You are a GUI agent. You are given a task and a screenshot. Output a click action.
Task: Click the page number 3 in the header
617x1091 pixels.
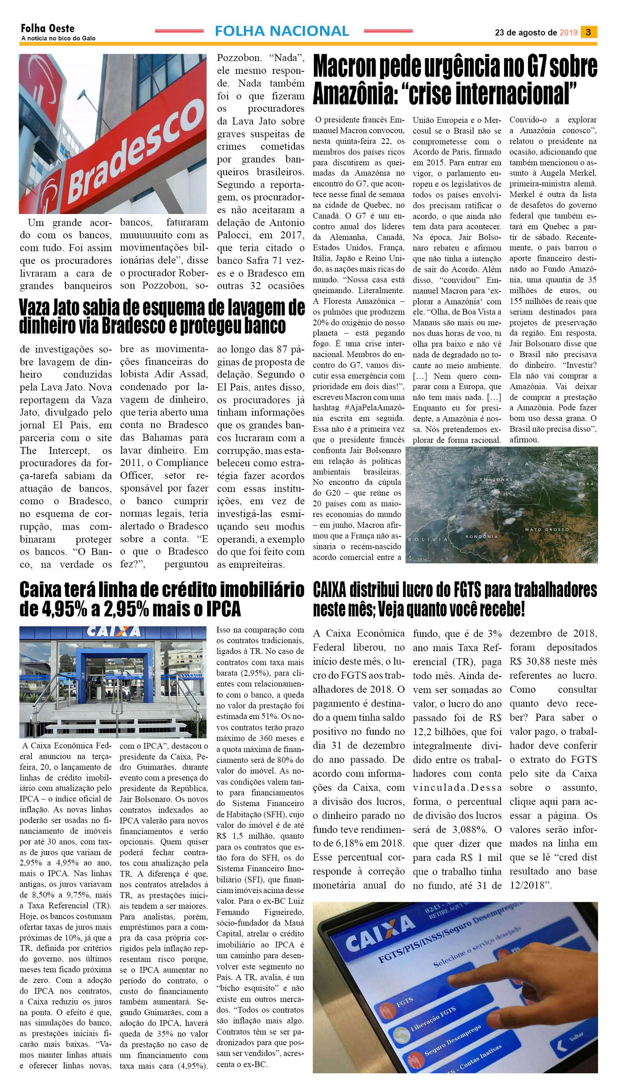pyautogui.click(x=589, y=32)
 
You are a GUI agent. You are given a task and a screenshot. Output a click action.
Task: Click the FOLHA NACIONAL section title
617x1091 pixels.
pyautogui.click(x=282, y=31)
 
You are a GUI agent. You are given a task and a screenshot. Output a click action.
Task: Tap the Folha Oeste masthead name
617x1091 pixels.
pyautogui.click(x=47, y=28)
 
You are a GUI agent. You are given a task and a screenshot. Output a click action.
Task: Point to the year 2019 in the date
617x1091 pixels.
pyautogui.click(x=568, y=32)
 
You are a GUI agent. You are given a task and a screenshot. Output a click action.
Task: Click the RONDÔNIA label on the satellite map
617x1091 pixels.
pyautogui.click(x=481, y=536)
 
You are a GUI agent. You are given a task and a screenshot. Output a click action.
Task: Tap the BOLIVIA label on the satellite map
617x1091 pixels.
pyautogui.click(x=428, y=540)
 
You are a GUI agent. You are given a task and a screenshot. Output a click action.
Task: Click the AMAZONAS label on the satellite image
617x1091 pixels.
pyautogui.click(x=495, y=480)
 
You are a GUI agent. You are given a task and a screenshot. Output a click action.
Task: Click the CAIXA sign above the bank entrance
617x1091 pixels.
pyautogui.click(x=113, y=632)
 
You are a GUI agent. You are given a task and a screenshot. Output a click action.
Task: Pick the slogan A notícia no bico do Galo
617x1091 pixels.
pyautogui.click(x=58, y=38)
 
